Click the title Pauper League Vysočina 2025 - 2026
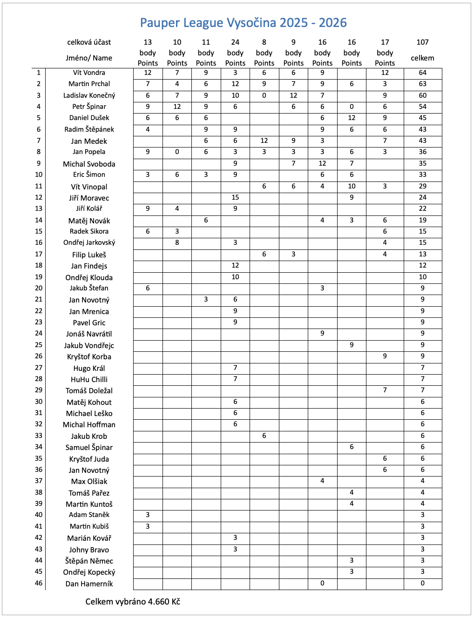point(243,23)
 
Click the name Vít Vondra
point(89,73)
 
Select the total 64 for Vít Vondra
point(422,73)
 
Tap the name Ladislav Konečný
point(89,95)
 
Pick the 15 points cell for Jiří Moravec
point(235,197)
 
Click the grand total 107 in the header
point(422,42)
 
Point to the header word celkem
point(422,58)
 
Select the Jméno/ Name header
point(89,58)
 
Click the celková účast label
point(89,42)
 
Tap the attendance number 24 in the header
point(235,42)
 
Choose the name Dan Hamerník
point(89,584)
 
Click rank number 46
point(39,583)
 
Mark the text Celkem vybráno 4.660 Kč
point(133,602)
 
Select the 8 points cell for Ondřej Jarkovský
point(177,242)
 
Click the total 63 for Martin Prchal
point(422,84)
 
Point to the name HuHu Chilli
point(89,379)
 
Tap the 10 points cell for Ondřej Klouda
point(235,277)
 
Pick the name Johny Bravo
point(89,550)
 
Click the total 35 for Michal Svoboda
point(422,163)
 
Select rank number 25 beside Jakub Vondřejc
point(39,345)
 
